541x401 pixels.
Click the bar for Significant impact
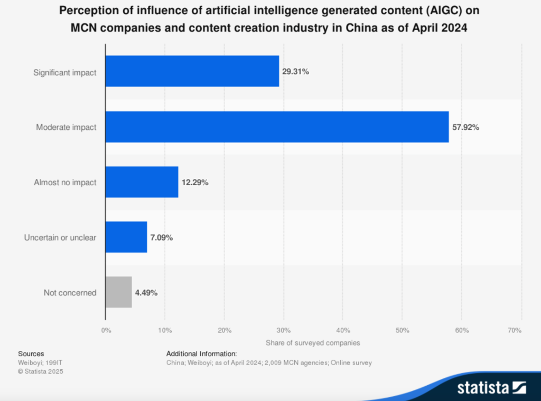192,72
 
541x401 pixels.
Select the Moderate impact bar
277,127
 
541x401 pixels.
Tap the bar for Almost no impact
142,182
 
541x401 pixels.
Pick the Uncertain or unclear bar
126,237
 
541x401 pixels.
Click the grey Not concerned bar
118,292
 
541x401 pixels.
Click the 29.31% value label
295,72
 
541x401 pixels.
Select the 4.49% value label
146,292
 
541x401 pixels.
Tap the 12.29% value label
195,182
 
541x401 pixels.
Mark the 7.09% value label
161,237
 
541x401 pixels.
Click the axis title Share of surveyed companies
313,342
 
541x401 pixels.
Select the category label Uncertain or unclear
60,237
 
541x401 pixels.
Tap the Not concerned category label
70,292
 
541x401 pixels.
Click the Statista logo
491,388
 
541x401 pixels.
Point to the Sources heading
31,354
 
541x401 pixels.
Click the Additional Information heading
201,354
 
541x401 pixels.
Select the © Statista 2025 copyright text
41,371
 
